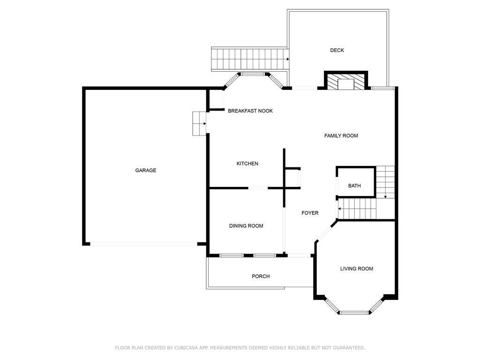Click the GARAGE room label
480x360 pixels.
[146, 170]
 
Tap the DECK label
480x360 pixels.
[337, 50]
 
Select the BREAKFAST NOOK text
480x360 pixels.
[250, 111]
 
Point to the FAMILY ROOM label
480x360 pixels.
[341, 135]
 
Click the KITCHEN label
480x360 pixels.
[247, 164]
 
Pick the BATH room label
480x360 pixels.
[354, 186]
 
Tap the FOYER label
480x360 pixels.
[310, 213]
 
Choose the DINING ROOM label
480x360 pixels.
[246, 225]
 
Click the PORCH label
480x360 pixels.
[261, 276]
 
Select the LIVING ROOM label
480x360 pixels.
[357, 269]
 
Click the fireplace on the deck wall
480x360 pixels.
[346, 81]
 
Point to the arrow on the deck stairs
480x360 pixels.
[288, 59]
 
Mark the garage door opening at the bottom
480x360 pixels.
[143, 244]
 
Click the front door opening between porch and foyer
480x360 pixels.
[299, 255]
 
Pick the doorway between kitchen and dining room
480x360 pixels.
[258, 187]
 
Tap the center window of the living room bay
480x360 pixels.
[354, 312]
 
